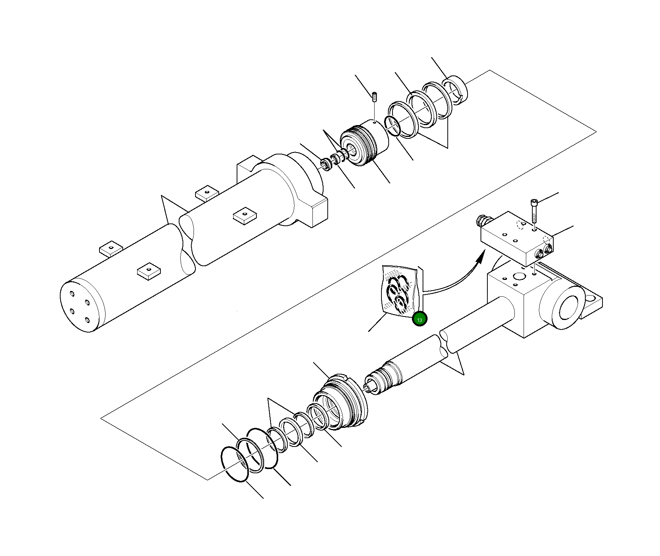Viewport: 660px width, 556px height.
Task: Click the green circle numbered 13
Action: pyautogui.click(x=420, y=319)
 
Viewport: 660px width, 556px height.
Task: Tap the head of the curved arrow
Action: pyautogui.click(x=481, y=256)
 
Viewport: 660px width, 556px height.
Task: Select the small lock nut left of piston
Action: pyautogui.click(x=326, y=164)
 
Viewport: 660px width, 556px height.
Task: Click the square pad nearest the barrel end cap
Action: pyautogui.click(x=149, y=270)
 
